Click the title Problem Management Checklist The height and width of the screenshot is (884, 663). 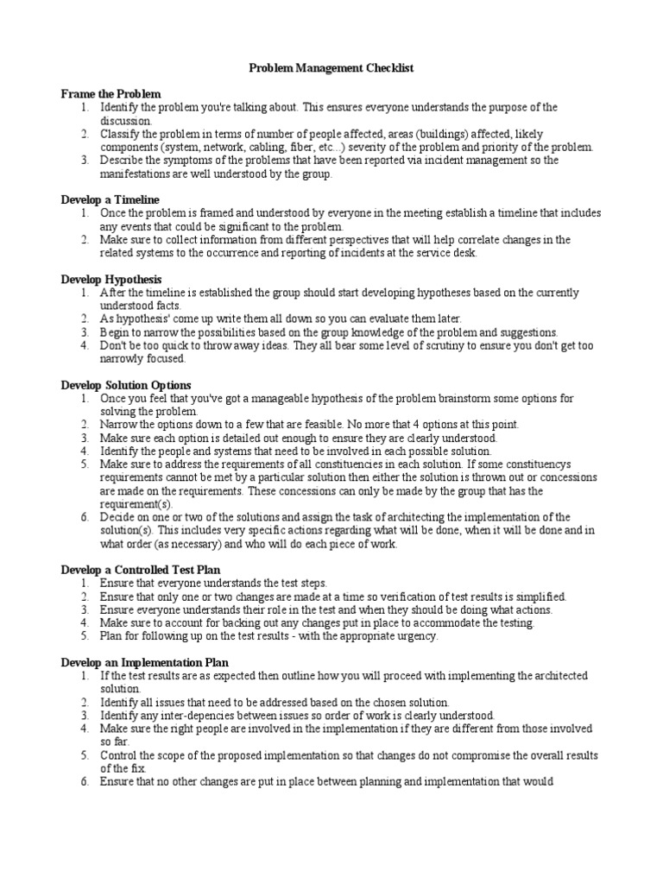[331, 67]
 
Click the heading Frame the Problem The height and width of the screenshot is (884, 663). [110, 93]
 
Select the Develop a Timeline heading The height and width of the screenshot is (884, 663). [110, 199]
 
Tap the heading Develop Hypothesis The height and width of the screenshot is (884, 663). [111, 280]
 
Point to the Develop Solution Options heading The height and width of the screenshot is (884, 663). [126, 385]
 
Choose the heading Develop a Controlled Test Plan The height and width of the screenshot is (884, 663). [141, 570]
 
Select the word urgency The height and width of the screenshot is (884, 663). [417, 635]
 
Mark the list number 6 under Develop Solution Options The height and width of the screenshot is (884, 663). [85, 518]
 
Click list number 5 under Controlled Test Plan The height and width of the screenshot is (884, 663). [85, 635]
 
